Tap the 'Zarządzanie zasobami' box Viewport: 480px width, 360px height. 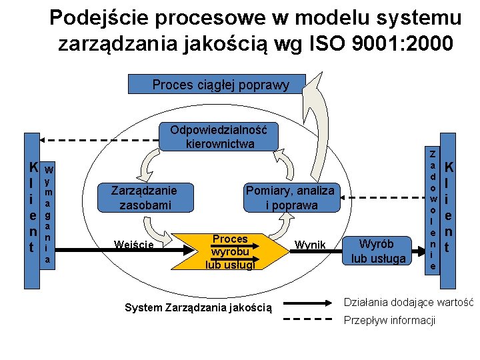[145, 197]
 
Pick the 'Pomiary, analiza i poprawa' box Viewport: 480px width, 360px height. [290, 197]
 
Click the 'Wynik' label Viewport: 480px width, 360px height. [310, 245]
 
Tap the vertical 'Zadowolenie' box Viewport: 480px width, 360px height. [433, 208]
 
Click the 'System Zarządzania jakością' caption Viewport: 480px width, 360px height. [199, 307]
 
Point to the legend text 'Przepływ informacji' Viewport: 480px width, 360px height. [389, 321]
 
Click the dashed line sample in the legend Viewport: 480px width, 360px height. [310, 319]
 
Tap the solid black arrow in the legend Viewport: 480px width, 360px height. [310, 301]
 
